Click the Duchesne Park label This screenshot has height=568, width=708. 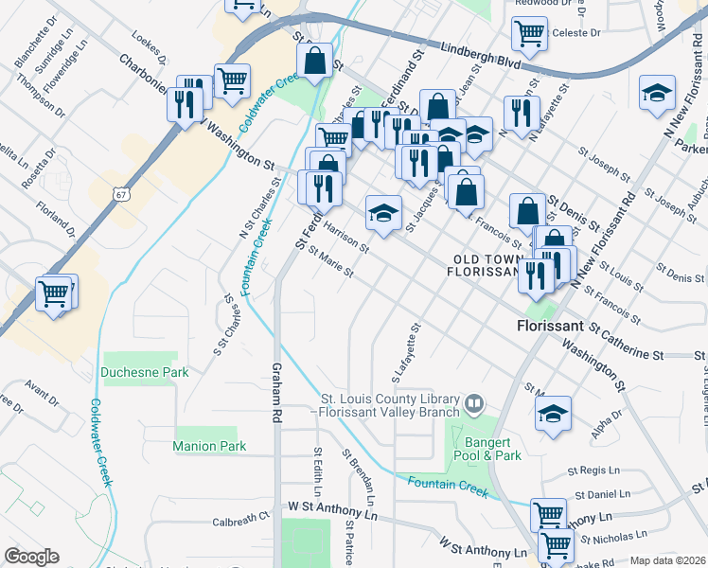145,373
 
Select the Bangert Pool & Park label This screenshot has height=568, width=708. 493,449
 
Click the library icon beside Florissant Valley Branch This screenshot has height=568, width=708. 475,405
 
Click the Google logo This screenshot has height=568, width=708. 32,556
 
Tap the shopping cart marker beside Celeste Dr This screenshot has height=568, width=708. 529,33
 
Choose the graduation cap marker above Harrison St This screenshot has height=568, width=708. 383,212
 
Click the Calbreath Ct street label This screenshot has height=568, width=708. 241,520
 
